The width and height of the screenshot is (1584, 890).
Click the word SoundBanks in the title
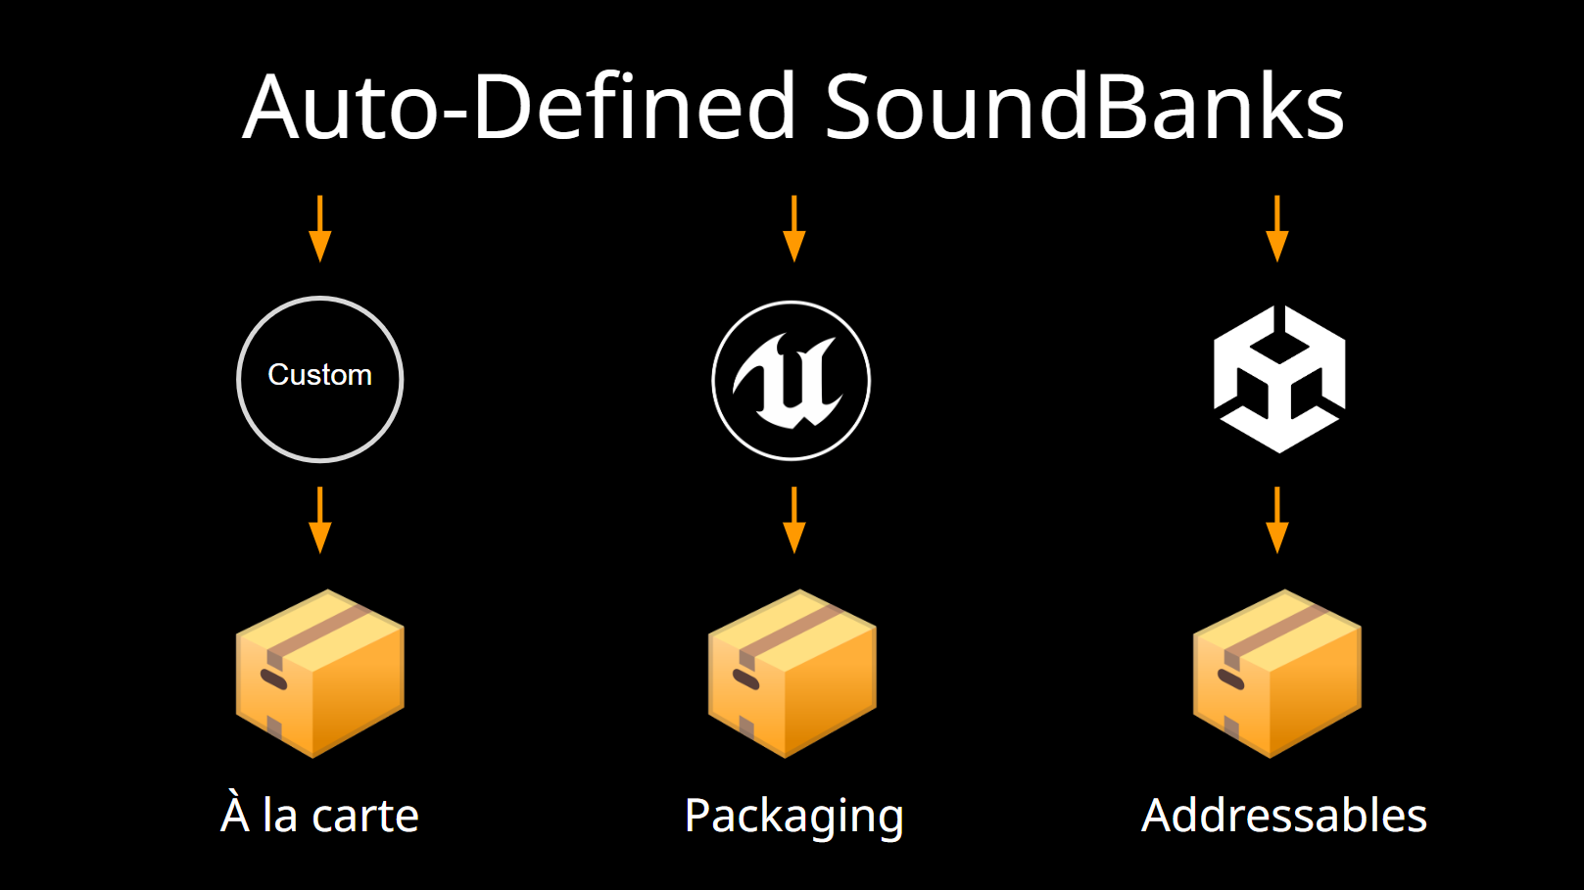point(1084,107)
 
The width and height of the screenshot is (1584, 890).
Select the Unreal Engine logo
point(792,380)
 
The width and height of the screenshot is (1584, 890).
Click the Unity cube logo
point(1279,379)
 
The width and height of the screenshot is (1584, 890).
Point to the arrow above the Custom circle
point(320,229)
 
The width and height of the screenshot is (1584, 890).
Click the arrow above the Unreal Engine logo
point(794,229)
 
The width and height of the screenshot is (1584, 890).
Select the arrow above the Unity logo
point(1277,229)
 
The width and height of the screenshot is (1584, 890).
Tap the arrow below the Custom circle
point(320,520)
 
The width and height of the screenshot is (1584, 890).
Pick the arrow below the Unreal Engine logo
point(794,520)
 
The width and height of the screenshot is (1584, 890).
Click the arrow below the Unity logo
point(1277,520)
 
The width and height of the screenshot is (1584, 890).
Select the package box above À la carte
point(320,674)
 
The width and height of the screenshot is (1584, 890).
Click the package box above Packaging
point(792,674)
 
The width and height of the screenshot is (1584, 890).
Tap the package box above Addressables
point(1277,674)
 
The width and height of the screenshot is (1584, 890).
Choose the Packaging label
point(794,818)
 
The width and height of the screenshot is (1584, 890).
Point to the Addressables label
point(1284,815)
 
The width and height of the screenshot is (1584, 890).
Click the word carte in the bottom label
point(364,817)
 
